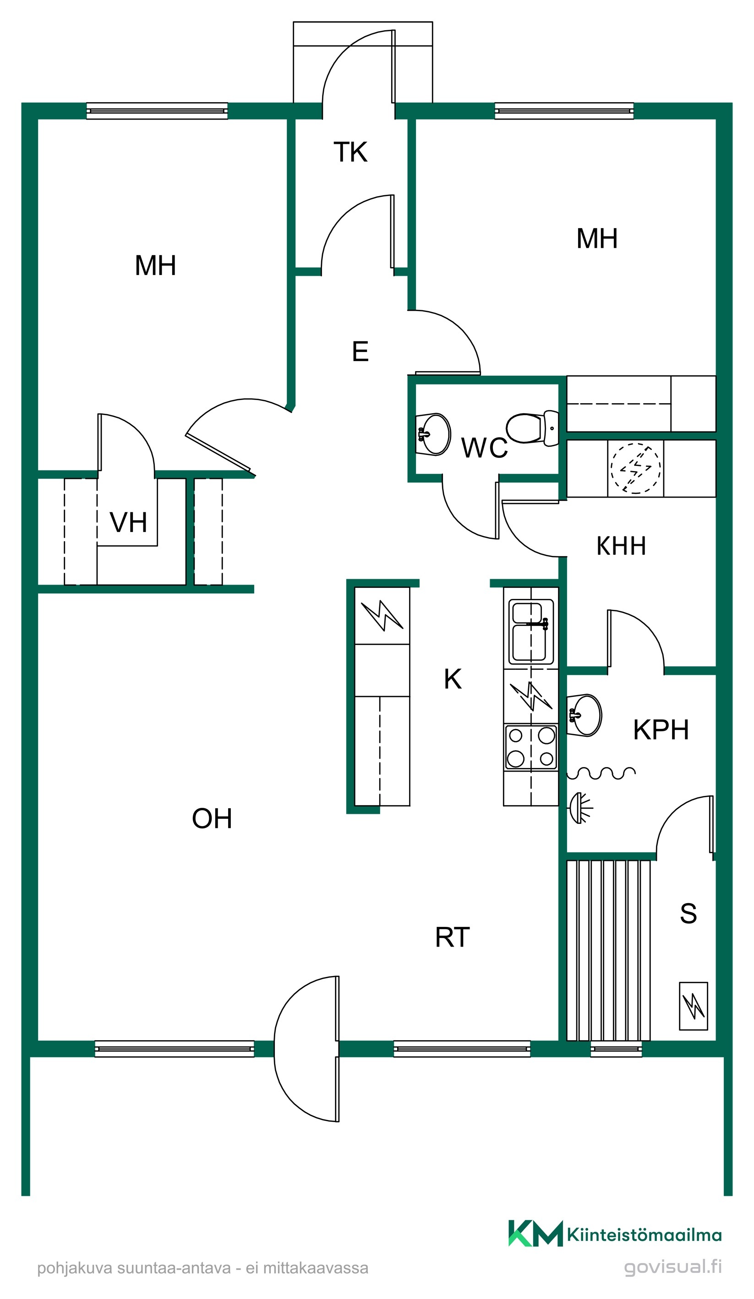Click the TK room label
[350, 152]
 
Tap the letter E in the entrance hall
[360, 351]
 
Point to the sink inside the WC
[433, 434]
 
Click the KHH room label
[621, 546]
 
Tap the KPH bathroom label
[661, 730]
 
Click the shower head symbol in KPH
[580, 808]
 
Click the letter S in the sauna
[688, 914]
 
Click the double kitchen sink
[531, 631]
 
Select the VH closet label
[128, 522]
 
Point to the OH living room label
[212, 818]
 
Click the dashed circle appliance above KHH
[635, 468]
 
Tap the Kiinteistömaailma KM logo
[535, 1233]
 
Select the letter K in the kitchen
[453, 679]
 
